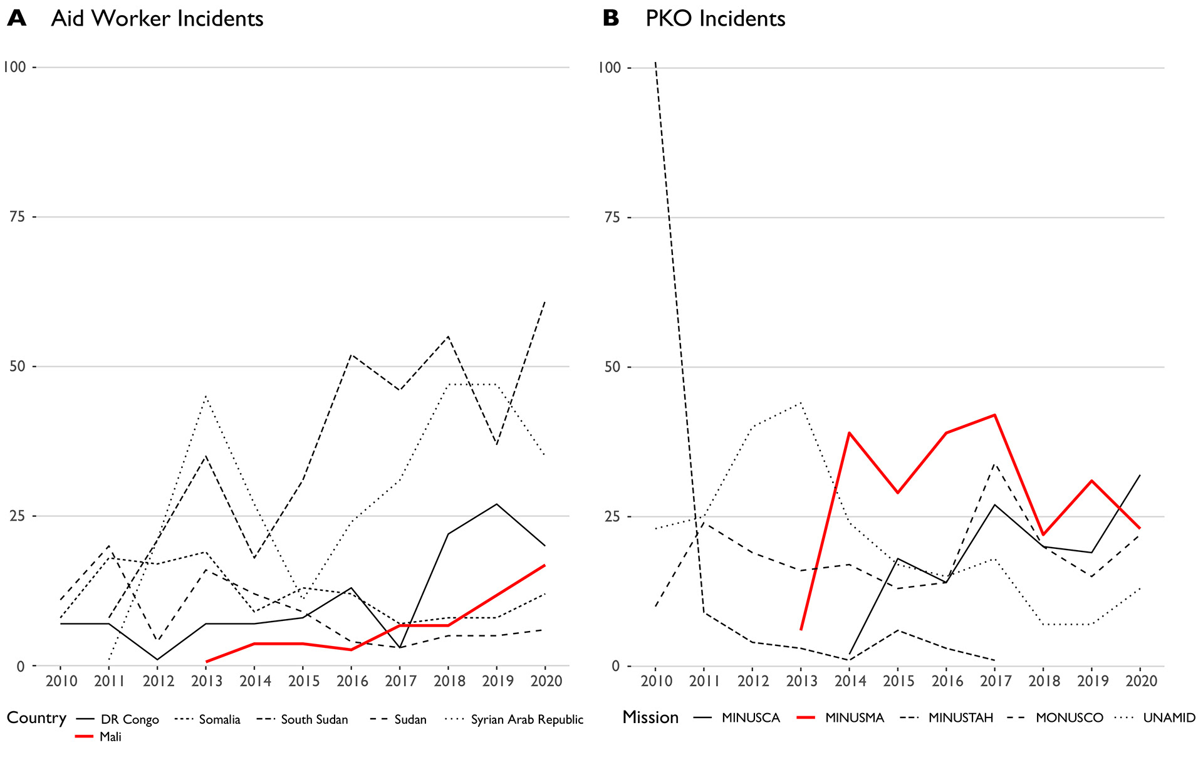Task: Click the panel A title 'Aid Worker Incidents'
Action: click(x=157, y=19)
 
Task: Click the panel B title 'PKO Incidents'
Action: click(x=715, y=19)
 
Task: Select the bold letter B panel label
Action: click(x=611, y=19)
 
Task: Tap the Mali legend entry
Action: click(x=110, y=737)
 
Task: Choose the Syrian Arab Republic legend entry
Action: click(x=526, y=719)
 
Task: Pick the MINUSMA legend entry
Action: click(x=854, y=717)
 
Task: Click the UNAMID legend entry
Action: click(x=1169, y=717)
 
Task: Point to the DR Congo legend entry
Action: click(x=130, y=719)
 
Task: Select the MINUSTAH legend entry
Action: click(x=961, y=717)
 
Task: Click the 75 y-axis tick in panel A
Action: click(x=18, y=217)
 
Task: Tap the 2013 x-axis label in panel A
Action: click(x=207, y=681)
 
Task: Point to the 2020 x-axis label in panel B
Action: click(x=1141, y=681)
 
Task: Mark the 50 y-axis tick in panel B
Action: click(x=612, y=367)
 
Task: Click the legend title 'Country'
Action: click(x=36, y=718)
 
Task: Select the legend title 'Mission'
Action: click(x=650, y=717)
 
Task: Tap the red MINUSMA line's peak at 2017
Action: click(x=994, y=415)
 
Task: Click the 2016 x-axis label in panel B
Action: click(x=947, y=681)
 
